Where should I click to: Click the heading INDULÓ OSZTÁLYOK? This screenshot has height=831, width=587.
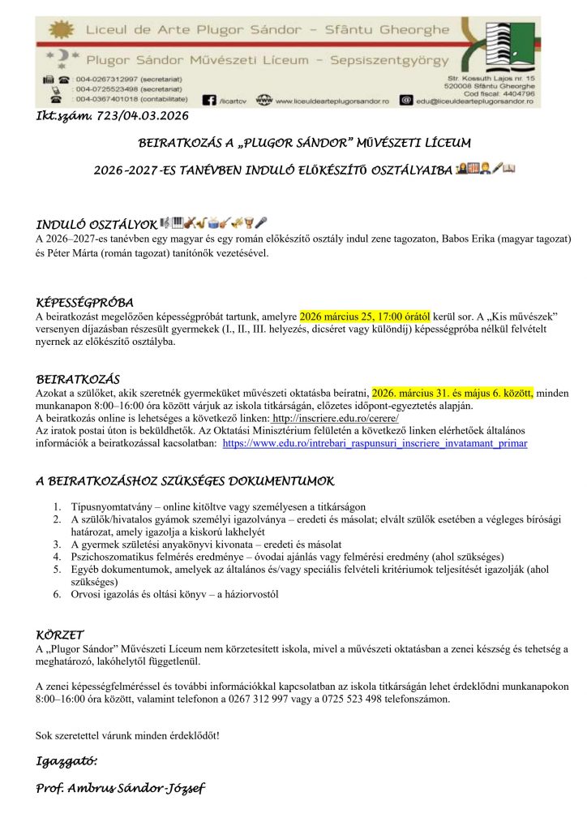point(96,223)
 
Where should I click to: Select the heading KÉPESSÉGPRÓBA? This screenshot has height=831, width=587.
point(84,302)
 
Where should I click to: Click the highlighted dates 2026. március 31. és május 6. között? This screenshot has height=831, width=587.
point(452,392)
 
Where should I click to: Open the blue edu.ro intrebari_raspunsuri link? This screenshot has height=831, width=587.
point(375,444)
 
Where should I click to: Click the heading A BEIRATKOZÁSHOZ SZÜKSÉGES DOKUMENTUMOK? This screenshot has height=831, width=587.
point(185,481)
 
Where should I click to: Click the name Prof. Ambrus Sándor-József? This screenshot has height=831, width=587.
point(122,788)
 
